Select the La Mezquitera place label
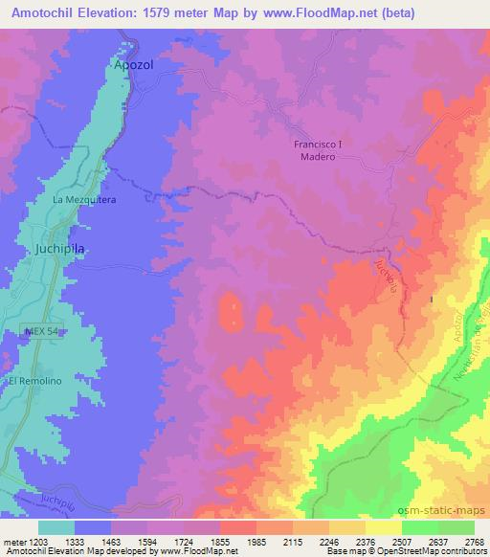click(84, 200)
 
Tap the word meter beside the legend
click(11, 541)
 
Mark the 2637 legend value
click(428, 541)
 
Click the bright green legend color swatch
click(420, 527)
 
